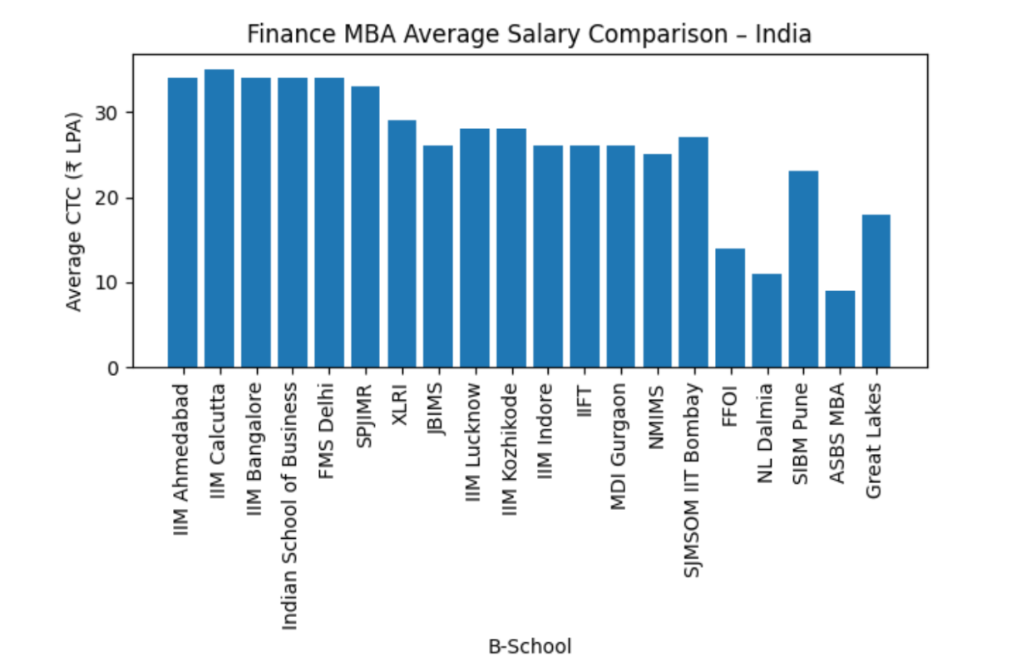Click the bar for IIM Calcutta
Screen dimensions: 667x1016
[x=219, y=218]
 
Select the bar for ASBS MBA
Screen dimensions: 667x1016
[x=840, y=329]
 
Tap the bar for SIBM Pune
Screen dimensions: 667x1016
[x=803, y=269]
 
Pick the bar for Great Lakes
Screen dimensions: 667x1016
[x=876, y=290]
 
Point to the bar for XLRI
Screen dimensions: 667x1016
[x=402, y=244]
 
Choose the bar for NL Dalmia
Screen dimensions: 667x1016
[x=767, y=320]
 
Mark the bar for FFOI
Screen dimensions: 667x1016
[x=730, y=308]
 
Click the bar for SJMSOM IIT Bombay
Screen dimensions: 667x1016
[x=693, y=252]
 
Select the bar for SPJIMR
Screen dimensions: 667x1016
[x=365, y=226]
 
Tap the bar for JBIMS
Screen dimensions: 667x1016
[x=438, y=256]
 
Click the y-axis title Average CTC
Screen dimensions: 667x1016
[x=75, y=211]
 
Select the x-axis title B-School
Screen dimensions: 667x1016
[x=530, y=646]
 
